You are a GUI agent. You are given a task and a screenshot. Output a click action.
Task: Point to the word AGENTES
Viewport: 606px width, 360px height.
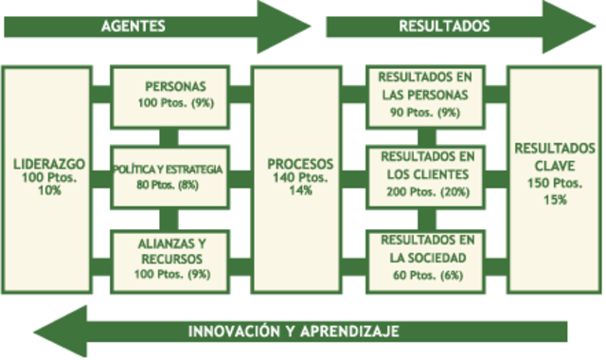click(129, 27)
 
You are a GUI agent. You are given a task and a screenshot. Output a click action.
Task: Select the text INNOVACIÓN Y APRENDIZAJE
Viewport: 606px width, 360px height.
click(293, 332)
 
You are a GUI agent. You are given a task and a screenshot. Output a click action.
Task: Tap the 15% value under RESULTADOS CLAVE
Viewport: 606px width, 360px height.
click(555, 200)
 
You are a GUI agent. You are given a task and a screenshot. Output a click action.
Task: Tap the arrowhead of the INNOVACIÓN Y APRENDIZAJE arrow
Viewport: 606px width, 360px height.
click(62, 332)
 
